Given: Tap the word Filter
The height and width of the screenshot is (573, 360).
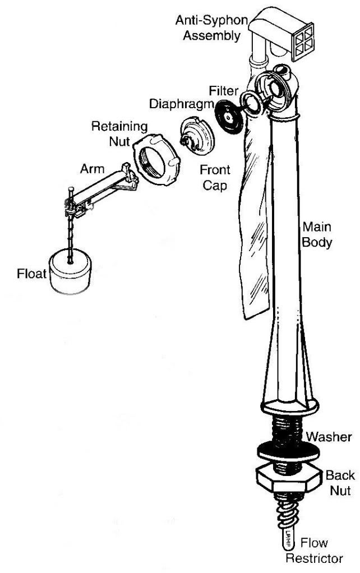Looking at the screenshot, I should [224, 90].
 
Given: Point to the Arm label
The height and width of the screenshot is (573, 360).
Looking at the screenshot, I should [91, 168].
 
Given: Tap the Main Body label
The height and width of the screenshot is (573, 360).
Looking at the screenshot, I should [317, 235].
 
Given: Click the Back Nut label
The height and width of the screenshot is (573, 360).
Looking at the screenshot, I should [340, 483].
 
